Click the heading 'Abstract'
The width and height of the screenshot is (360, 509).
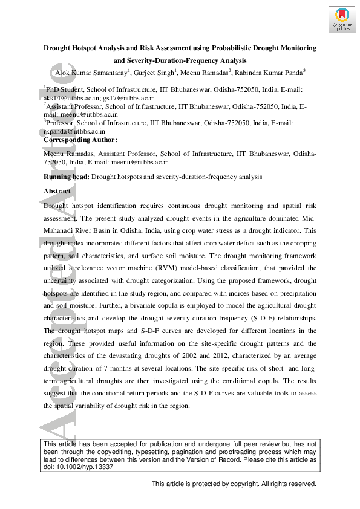[57, 191]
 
